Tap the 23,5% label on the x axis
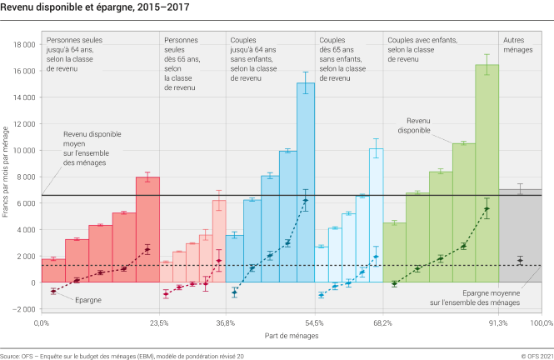click(159, 322)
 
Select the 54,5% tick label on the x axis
click(314, 322)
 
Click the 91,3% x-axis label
click(498, 322)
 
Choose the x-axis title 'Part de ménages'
click(291, 335)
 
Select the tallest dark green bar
click(487, 173)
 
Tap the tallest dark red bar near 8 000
click(147, 229)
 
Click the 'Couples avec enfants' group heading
click(421, 39)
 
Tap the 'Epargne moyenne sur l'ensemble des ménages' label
click(492, 298)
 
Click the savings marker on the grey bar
click(520, 261)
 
